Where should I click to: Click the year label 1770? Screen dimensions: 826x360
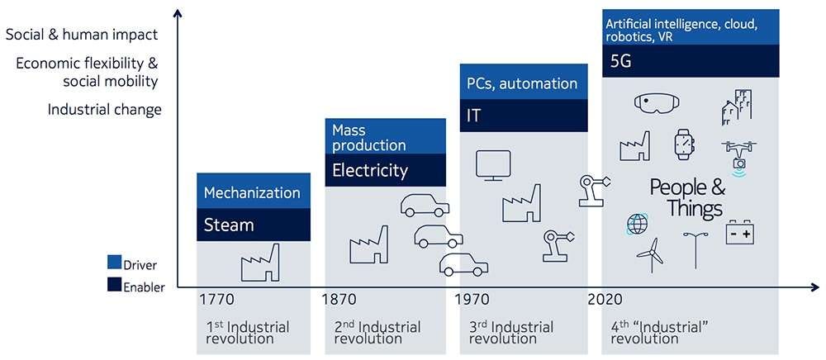[x=216, y=300]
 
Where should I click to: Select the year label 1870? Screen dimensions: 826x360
[x=339, y=300]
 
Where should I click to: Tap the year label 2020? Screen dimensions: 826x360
[x=605, y=300]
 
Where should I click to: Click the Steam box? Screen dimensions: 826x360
[x=254, y=225]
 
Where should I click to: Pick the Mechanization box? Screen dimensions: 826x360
[x=254, y=191]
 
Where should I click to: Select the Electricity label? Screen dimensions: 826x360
[x=370, y=171]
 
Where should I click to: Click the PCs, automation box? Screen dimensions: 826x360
[x=524, y=82]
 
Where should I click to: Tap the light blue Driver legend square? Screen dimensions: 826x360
[x=114, y=262]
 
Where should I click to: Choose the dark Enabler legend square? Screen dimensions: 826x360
[x=114, y=285]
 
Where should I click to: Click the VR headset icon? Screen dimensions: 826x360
[x=657, y=102]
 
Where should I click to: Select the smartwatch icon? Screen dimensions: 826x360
[x=684, y=144]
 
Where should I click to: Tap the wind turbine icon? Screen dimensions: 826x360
[x=652, y=255]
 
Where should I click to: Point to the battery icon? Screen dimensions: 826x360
[x=739, y=232]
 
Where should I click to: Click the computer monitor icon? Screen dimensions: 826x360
[x=493, y=166]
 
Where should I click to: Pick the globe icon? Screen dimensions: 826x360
[x=637, y=225]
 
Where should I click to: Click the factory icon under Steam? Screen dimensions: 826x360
[x=259, y=263]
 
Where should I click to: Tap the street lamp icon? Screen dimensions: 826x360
[x=695, y=250]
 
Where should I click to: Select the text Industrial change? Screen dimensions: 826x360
[x=104, y=110]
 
